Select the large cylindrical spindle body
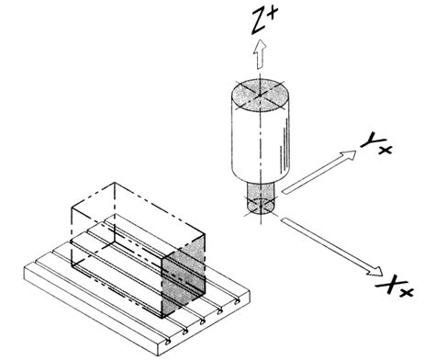click(261, 138)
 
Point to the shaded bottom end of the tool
click(261, 207)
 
